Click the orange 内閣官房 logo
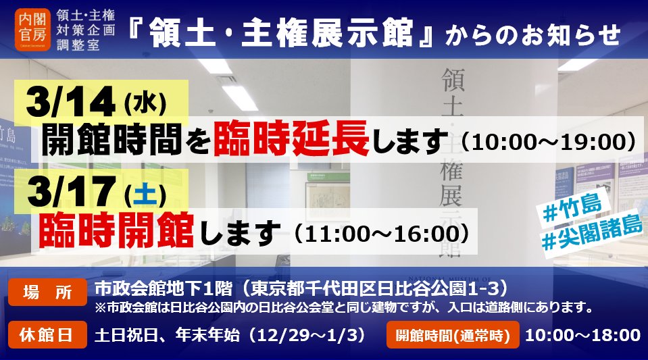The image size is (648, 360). coord(32,29)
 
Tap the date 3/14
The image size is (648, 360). coord(70,102)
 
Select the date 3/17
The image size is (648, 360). coord(70,191)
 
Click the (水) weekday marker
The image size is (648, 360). coord(145,103)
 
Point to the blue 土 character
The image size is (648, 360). coord(145,195)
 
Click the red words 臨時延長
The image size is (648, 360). coord(291,138)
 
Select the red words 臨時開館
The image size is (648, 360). coord(116,230)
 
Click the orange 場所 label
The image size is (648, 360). coord(47,292)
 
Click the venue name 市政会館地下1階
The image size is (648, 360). coord(164,288)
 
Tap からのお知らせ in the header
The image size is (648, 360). coord(532,34)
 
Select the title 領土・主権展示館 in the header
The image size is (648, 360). coord(281,32)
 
